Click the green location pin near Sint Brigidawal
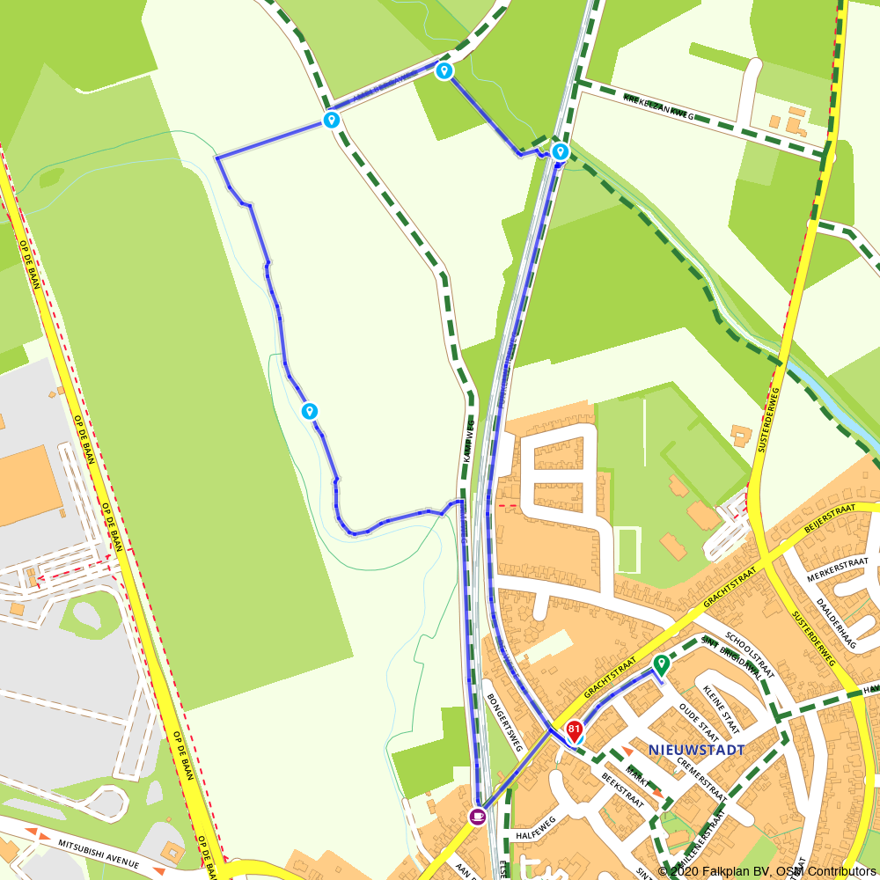coord(661,665)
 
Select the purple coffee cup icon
coord(477,817)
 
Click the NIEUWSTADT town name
coord(696,750)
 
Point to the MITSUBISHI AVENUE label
coord(99,851)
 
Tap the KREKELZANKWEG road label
coord(658,107)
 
